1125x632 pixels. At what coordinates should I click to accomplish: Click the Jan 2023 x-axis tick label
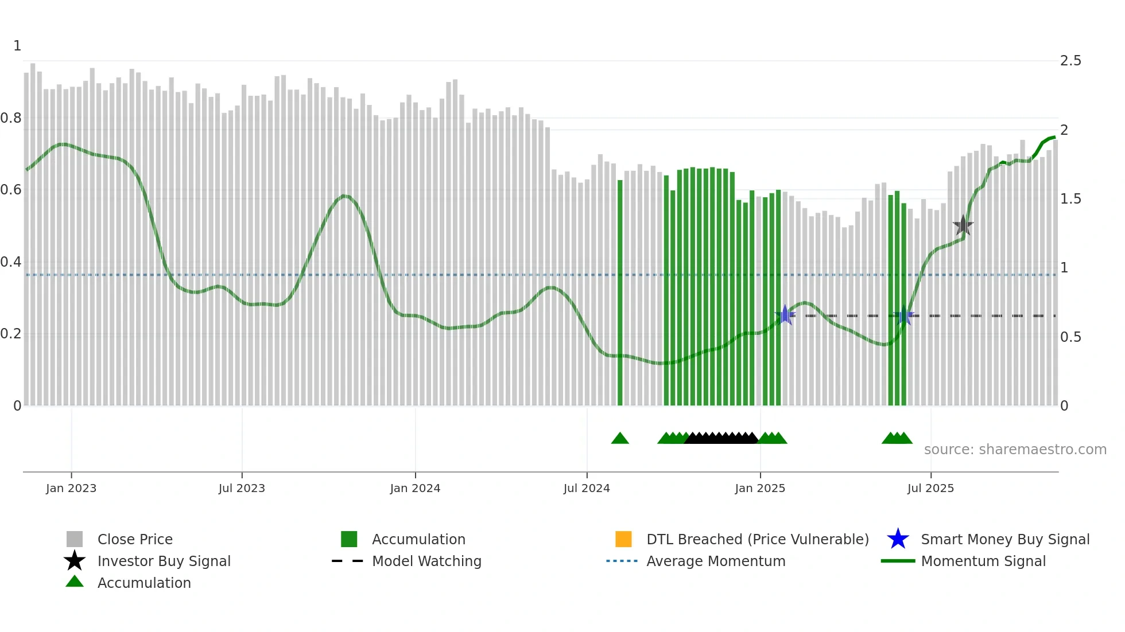[71, 488]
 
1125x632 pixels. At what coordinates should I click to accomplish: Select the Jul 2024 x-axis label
[587, 488]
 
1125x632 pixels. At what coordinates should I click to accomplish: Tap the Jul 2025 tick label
[930, 488]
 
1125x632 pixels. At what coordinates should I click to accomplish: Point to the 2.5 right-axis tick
[1070, 61]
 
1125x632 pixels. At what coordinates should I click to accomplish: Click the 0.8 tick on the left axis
[11, 118]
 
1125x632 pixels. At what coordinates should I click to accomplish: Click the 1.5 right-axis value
[1070, 199]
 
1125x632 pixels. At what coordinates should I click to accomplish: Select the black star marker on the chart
[963, 225]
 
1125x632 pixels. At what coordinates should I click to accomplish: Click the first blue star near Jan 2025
[785, 315]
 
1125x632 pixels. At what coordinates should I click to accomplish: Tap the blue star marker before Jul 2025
[903, 315]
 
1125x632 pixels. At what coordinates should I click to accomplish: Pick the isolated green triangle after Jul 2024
[620, 439]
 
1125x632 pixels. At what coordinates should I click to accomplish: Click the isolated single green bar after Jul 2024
[620, 292]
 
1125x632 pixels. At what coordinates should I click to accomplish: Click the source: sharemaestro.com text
[1015, 450]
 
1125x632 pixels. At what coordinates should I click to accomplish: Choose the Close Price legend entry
[134, 539]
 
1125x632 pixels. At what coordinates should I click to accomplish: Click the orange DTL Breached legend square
[623, 539]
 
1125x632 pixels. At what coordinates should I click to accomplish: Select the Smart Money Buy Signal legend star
[898, 539]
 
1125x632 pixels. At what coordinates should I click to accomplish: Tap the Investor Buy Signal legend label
[164, 561]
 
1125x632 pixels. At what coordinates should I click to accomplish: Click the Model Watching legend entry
[426, 561]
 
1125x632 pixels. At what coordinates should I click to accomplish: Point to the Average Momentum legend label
[715, 561]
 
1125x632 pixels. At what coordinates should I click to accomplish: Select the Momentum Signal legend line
[898, 561]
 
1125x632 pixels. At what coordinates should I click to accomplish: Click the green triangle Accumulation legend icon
[75, 582]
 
